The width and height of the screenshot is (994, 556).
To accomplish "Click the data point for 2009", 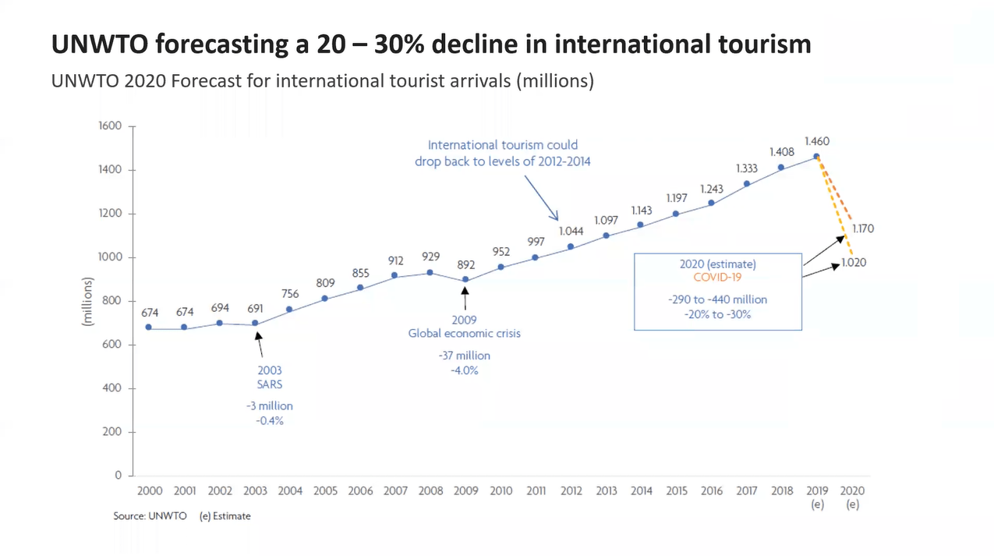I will coord(465,279).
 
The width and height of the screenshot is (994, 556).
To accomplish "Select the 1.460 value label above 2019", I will coord(816,142).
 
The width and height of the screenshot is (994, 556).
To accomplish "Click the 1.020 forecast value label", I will coord(854,264).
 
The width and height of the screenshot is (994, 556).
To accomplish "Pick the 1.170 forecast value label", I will coord(862,229).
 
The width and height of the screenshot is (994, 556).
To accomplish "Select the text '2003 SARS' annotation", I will coord(269,377).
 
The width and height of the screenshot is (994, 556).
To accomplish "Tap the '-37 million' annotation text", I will coord(465,356).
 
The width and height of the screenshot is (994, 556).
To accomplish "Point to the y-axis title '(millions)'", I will coord(90,300).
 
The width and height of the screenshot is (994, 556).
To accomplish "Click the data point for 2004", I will coord(290,310).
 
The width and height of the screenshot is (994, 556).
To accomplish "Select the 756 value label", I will coord(290,294).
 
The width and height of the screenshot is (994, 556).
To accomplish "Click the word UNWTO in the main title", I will coord(99,44).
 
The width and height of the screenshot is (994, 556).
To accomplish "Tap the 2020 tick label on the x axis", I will coord(852,491).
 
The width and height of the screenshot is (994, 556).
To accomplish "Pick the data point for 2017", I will coord(747,184).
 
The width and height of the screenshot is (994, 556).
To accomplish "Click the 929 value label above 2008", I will coord(430,257).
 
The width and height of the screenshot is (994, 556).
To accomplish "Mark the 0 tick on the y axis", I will coord(119,475).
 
